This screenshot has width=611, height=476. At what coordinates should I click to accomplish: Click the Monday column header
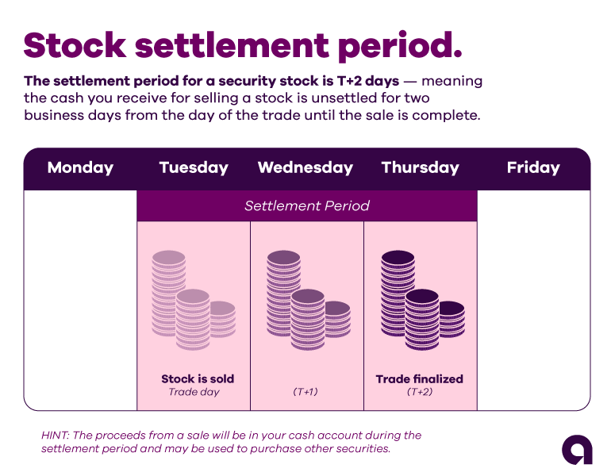80,168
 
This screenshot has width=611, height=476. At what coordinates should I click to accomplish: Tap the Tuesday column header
194,168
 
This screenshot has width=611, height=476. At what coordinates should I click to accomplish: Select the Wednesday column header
305,168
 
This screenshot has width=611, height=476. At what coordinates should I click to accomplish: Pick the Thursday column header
420,168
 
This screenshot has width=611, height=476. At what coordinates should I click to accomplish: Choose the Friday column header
533,168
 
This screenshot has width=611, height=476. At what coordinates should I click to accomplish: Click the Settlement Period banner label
306,206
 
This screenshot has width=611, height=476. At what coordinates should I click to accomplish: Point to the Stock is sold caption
198,379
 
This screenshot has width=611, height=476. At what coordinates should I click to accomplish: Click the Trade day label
193,392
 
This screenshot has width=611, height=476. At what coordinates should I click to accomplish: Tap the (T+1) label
305,392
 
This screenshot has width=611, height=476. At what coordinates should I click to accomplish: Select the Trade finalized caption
419,379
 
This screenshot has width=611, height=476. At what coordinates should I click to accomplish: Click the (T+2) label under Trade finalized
419,392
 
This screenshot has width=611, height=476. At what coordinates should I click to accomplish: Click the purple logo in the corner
577,450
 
